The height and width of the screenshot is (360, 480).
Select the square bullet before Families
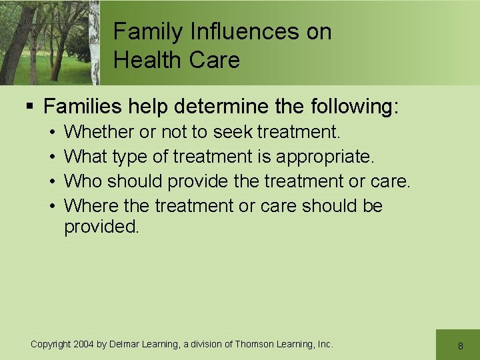[x=29, y=106]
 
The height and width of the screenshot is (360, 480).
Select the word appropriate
[x=325, y=157]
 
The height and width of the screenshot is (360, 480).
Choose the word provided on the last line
[x=101, y=227]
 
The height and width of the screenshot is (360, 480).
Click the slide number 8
[x=460, y=346]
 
